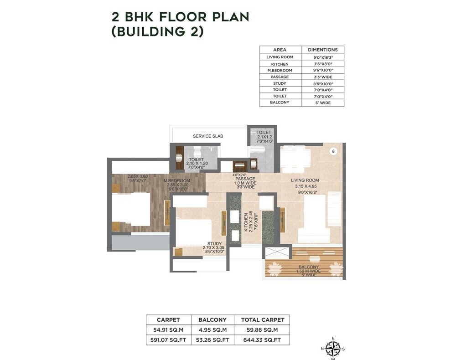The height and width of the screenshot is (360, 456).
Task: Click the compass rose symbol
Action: (333, 348)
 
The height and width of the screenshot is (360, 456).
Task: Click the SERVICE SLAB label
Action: (208, 136)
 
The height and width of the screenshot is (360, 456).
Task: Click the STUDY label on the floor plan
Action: (214, 244)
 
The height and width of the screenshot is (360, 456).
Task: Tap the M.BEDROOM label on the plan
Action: (177, 181)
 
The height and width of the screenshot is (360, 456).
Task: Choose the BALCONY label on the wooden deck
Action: (309, 267)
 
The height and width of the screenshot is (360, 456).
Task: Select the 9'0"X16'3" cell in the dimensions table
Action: (323, 57)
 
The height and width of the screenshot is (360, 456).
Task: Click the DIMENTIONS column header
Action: (323, 50)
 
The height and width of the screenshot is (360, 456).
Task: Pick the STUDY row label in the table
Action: (280, 83)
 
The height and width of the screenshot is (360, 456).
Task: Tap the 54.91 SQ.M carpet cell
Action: (168, 329)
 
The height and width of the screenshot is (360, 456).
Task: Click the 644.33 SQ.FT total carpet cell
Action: (262, 339)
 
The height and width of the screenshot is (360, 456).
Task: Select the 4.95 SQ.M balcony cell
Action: (211, 329)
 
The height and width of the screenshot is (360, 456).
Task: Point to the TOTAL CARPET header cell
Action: (262, 319)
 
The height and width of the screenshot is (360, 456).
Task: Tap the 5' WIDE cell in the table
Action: (323, 103)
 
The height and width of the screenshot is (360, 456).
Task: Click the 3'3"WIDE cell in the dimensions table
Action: (323, 77)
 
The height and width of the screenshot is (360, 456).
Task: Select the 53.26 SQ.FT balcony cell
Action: (211, 339)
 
